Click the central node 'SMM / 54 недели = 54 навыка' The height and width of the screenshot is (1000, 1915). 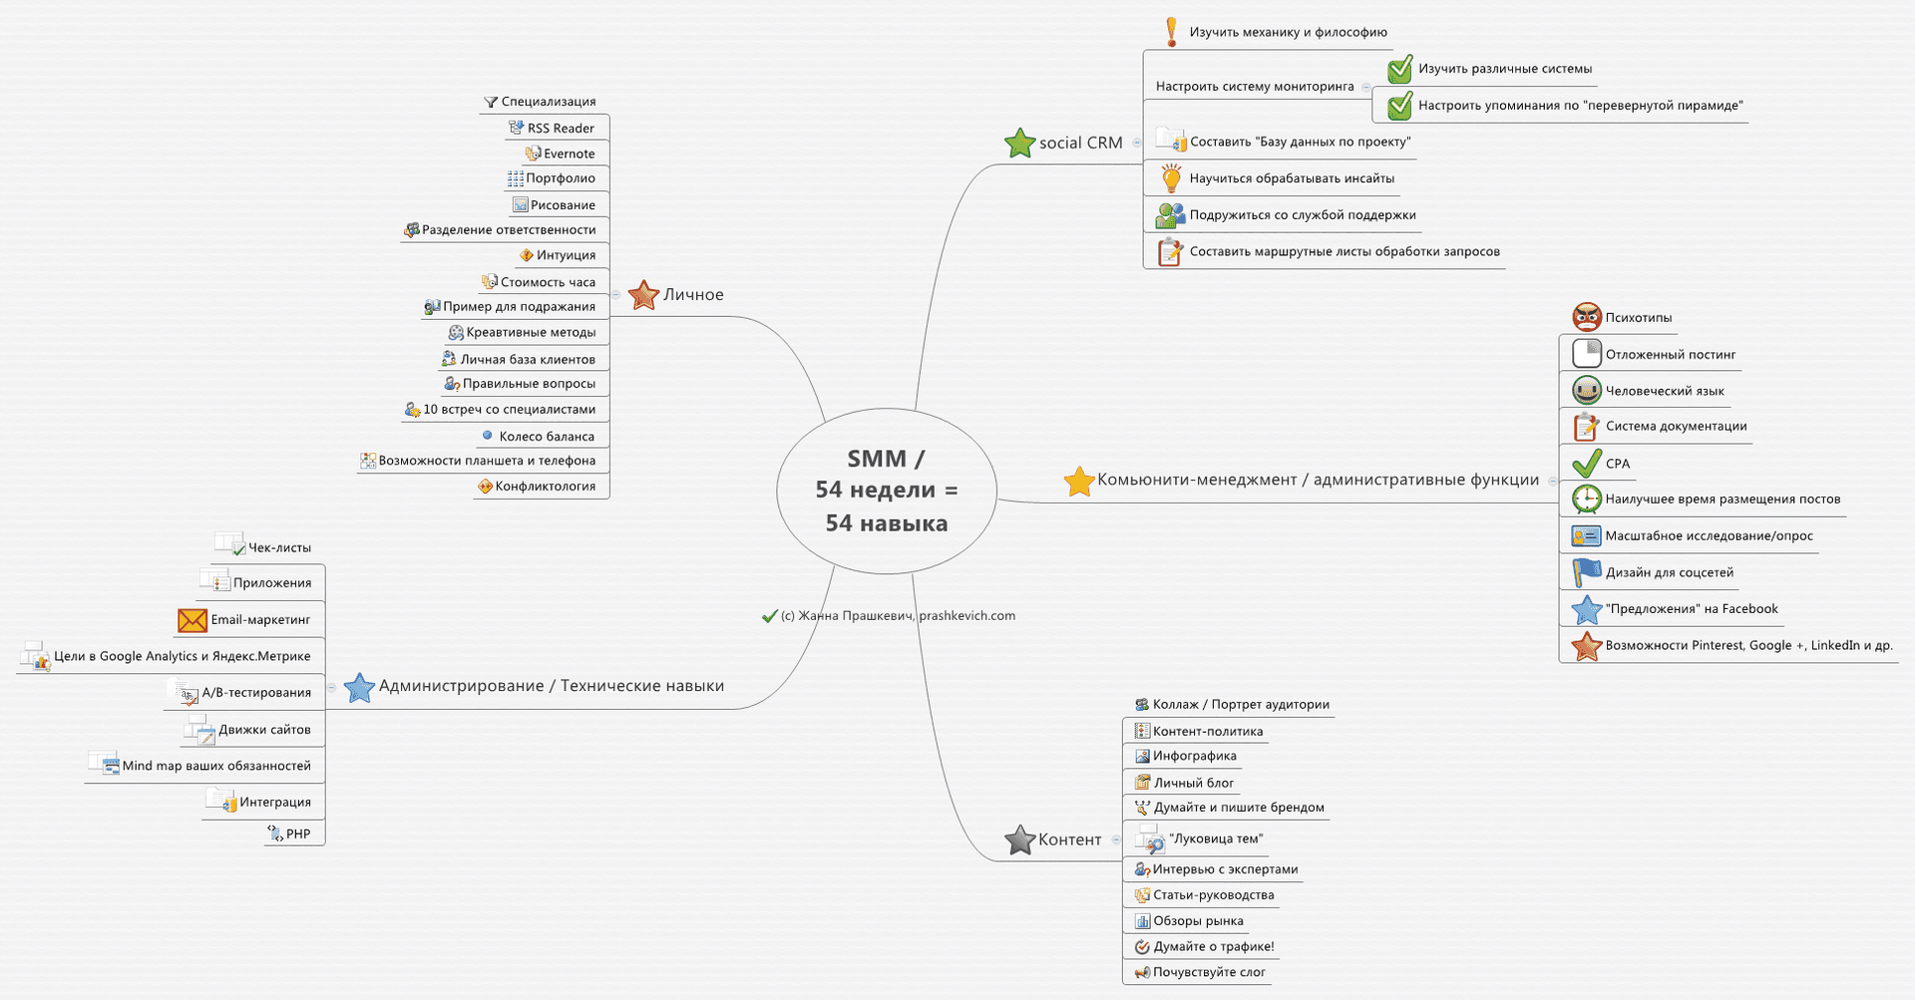(x=887, y=491)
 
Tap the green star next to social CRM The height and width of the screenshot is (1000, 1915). (x=1020, y=144)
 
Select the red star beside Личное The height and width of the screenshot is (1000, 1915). (x=644, y=295)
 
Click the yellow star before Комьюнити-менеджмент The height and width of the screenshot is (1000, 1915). (x=1079, y=482)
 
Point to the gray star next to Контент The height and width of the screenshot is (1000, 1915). (x=1020, y=840)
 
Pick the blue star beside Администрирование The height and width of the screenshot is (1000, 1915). (x=359, y=687)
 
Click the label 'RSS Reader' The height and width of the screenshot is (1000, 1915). (x=561, y=129)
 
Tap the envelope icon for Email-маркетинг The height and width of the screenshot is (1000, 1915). (x=192, y=620)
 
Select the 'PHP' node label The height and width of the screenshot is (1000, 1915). (x=298, y=834)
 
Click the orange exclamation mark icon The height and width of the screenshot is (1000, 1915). (x=1172, y=32)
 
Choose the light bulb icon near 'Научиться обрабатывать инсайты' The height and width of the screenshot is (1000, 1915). (x=1172, y=178)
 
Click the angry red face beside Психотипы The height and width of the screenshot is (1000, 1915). (x=1587, y=317)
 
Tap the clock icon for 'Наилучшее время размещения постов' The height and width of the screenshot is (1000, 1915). (x=1587, y=499)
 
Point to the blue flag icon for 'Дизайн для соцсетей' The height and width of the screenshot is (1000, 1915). (x=1587, y=572)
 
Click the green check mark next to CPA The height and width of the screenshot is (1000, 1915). (x=1587, y=463)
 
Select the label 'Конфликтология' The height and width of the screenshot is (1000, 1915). (x=546, y=487)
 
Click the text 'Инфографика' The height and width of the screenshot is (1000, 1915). (x=1195, y=756)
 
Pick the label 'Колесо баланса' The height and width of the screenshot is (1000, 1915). (x=547, y=437)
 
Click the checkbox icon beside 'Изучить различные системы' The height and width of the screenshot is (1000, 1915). (x=1400, y=69)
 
